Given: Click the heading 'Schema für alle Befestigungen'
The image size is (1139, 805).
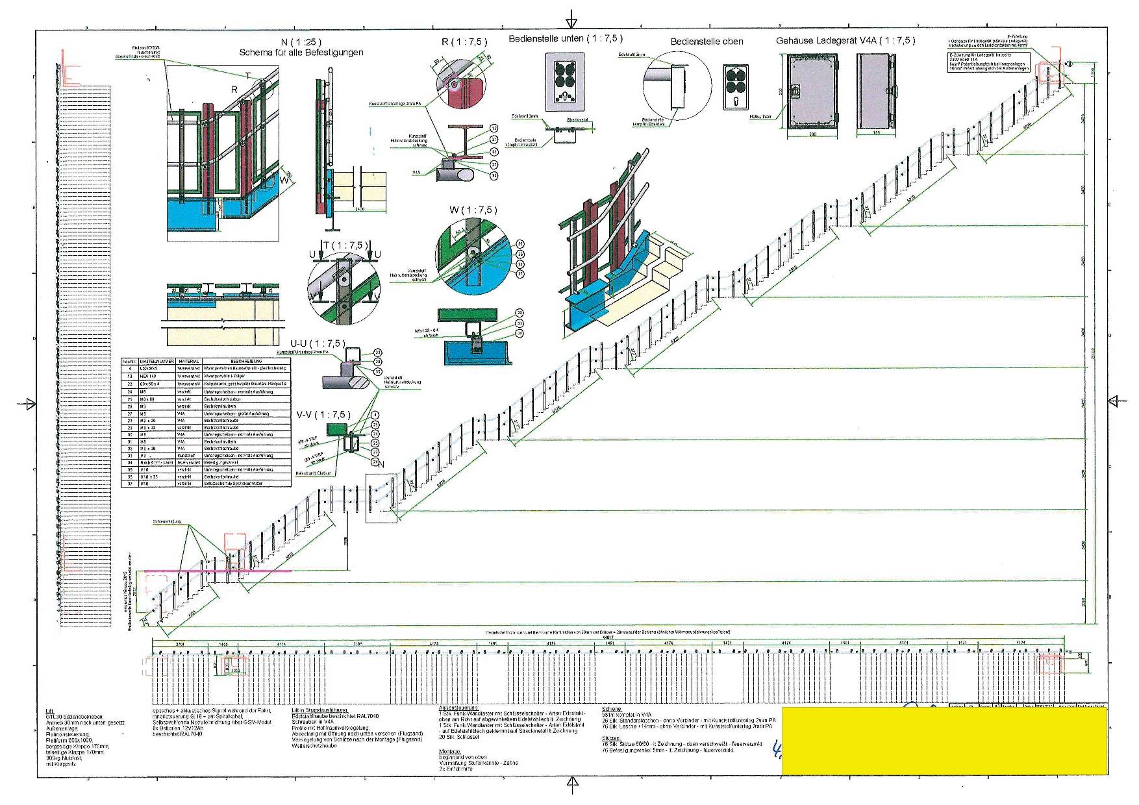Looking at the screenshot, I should pos(301,53).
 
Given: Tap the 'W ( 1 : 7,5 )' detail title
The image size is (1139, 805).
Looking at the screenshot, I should pos(472,210).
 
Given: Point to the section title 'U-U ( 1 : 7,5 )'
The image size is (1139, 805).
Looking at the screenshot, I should pos(318,343).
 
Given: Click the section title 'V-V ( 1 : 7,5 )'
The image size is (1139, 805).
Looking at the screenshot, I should pos(323,415).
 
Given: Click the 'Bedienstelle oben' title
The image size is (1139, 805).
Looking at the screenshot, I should pos(707,42).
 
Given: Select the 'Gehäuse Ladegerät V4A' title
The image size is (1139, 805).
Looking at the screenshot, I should pos(845,41).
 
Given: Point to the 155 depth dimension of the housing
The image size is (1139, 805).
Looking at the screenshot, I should pos(876,134).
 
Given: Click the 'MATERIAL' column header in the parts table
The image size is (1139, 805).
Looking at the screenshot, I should pos(189,361).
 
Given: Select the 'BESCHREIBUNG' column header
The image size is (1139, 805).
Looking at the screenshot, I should pos(247,361).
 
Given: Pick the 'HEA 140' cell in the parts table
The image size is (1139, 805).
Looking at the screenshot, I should pos(153,376).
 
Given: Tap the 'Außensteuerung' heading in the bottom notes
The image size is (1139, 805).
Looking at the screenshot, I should pos(458,707).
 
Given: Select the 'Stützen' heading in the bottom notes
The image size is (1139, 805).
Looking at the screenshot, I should pos(611,738).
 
